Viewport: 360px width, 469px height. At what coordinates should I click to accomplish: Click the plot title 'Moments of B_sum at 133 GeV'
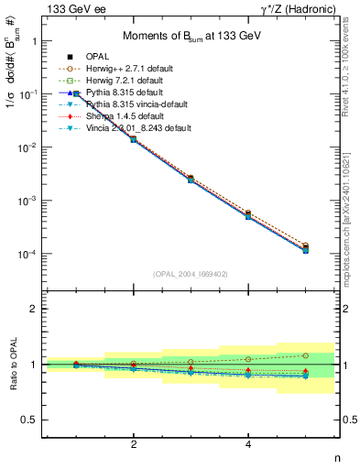coord(191,37)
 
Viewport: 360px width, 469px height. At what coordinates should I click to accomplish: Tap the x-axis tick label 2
coord(135,445)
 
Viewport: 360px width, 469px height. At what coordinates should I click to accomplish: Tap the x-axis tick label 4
coord(248,445)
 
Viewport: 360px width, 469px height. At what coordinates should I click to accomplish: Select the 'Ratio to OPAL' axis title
coord(12,365)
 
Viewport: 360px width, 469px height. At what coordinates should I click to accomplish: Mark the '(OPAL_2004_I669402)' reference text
coord(191,273)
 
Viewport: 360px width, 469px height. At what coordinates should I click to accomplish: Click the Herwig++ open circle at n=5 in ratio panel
coord(305,355)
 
